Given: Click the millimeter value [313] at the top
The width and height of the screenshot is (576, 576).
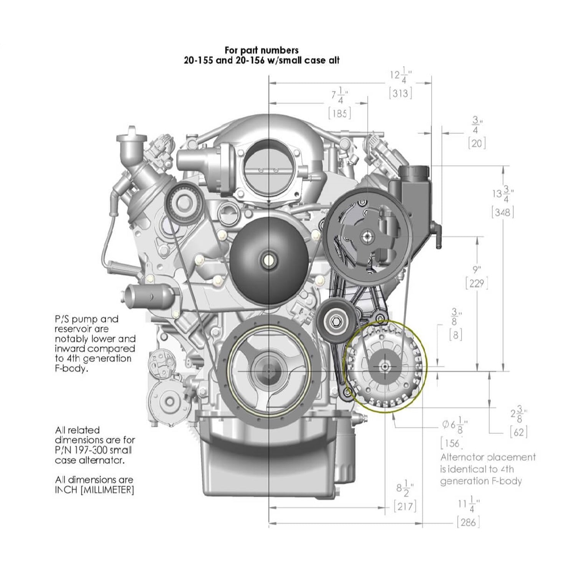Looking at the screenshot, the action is click(x=400, y=93).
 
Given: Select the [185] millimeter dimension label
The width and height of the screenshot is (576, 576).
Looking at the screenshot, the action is click(x=340, y=113).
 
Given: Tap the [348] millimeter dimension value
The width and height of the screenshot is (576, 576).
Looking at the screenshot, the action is click(x=503, y=212).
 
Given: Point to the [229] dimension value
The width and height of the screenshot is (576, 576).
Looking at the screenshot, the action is click(x=477, y=284).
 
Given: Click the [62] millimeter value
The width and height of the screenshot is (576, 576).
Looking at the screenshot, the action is click(x=519, y=432).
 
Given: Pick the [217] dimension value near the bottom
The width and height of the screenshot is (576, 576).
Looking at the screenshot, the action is click(x=405, y=506).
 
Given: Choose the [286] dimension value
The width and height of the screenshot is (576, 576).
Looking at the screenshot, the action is click(x=468, y=522).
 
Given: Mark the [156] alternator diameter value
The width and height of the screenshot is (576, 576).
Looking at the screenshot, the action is click(x=452, y=444).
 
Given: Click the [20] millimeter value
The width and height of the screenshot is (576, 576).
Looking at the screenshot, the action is click(x=477, y=144).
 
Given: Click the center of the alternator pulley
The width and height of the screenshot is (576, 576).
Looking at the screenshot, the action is click(x=385, y=367).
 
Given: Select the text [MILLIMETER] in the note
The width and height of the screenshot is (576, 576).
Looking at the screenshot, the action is click(x=107, y=490).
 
